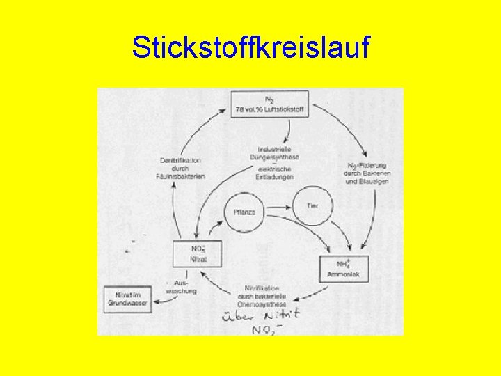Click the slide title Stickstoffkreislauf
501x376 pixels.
[251, 48]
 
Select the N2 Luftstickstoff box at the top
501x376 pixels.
[271, 104]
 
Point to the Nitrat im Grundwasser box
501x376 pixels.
[127, 299]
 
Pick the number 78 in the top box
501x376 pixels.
[240, 109]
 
